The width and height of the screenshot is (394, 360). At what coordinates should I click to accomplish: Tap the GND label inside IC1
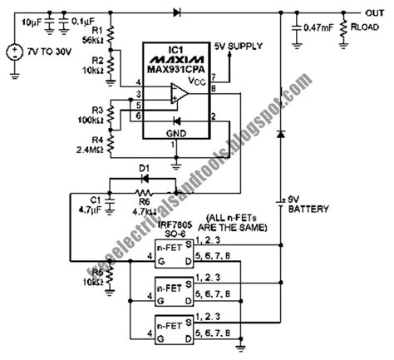[x=175, y=133]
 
